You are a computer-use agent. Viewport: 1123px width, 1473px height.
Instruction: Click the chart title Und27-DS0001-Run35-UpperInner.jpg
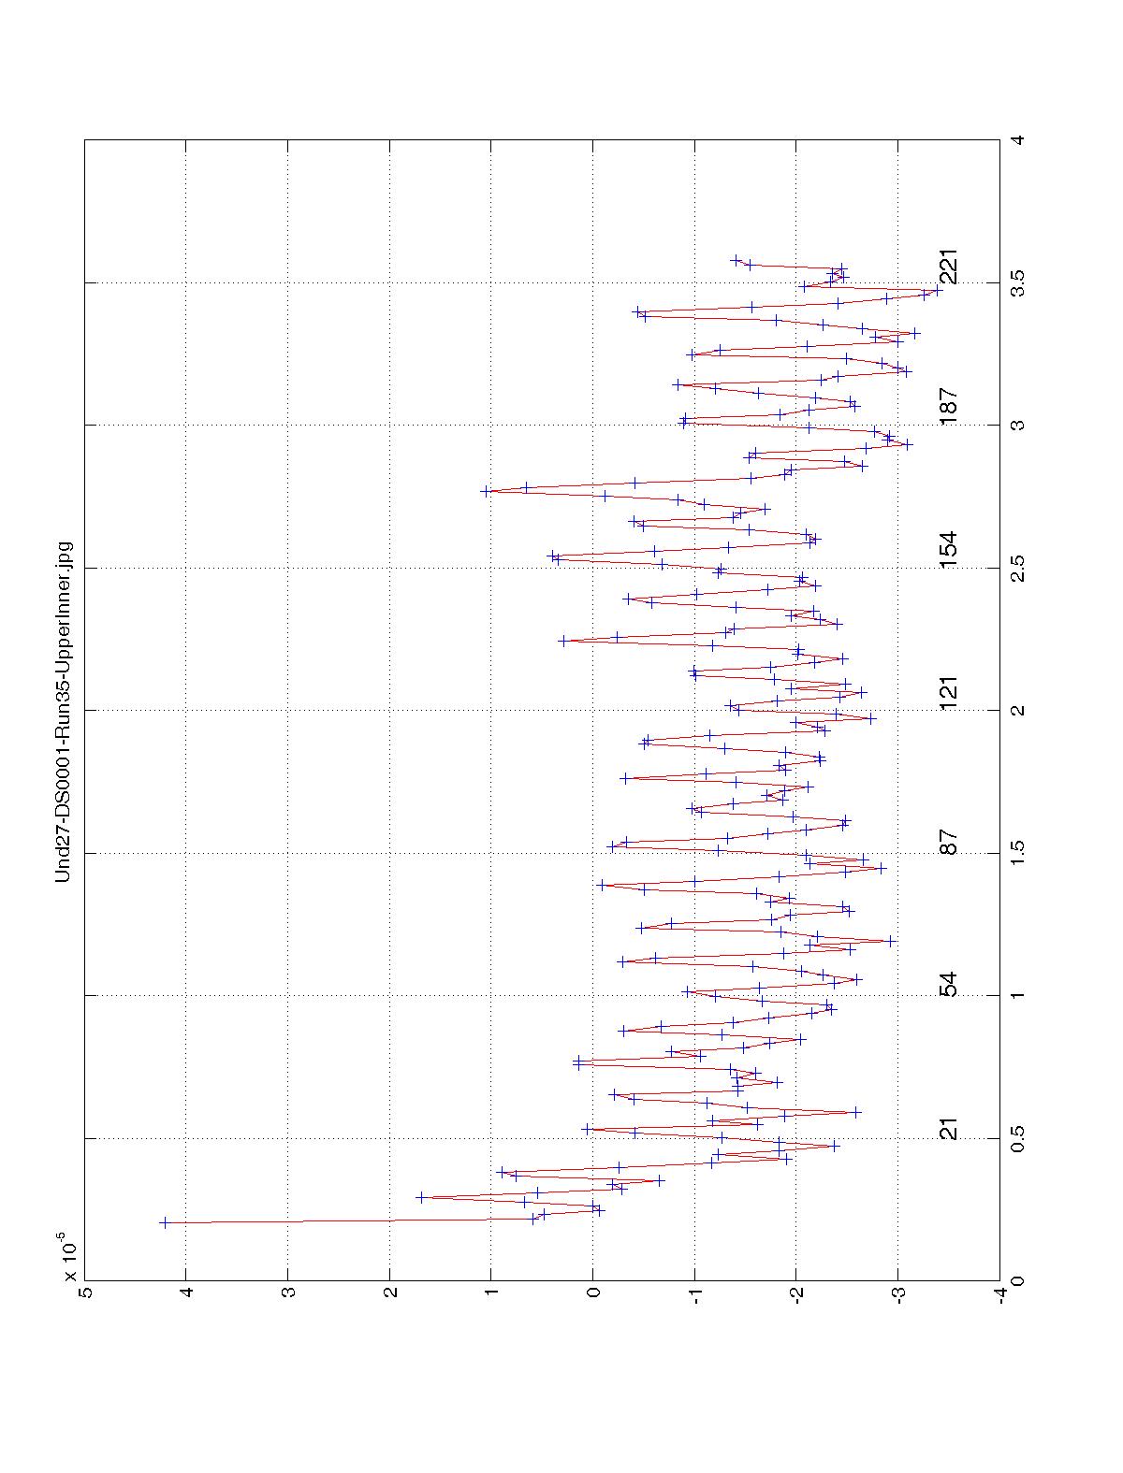click(64, 711)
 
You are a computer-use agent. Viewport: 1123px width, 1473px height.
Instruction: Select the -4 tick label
click(1000, 1293)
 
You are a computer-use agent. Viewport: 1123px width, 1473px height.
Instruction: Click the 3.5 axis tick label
click(1017, 282)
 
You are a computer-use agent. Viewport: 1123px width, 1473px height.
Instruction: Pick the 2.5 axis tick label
click(1017, 568)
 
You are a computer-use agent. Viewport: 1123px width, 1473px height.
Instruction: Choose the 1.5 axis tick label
click(1017, 853)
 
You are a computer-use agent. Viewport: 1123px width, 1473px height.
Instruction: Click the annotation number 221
click(949, 267)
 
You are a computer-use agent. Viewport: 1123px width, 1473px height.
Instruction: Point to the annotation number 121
click(949, 693)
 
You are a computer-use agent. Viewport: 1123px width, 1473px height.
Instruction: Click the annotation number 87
click(949, 843)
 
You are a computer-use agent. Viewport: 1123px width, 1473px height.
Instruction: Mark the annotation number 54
click(949, 985)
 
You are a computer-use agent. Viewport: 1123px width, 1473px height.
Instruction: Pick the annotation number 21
click(949, 1129)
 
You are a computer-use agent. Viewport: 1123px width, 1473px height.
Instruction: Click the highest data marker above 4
click(165, 1222)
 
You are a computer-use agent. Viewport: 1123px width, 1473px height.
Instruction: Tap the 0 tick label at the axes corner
click(1017, 1279)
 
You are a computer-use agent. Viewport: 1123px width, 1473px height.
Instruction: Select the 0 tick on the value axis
click(593, 1293)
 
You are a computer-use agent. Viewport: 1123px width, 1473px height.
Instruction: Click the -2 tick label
click(796, 1293)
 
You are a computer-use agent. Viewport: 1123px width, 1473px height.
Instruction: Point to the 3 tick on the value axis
click(288, 1293)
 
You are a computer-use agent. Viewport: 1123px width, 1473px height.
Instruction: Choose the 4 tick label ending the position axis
click(1017, 140)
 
